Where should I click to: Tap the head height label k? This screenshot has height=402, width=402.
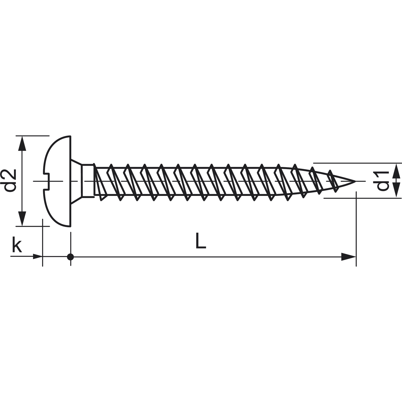17,246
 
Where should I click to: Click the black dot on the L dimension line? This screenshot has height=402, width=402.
70,257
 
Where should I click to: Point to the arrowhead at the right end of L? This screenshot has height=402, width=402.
348,257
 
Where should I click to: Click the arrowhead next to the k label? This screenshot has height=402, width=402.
37,257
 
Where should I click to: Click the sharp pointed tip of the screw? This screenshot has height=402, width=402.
354,181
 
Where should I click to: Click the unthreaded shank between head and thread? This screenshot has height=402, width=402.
88,181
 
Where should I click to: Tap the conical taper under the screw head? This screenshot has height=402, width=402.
76,181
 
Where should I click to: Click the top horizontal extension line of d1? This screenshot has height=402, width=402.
356,163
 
